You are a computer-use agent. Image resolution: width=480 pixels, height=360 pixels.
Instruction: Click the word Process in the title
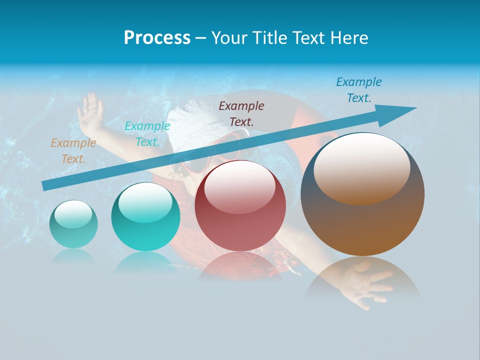pos(157,38)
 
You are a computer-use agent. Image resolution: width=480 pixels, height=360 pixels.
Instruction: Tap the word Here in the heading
pos(349,38)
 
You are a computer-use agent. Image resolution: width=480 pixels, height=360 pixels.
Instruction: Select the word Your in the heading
pos(230,38)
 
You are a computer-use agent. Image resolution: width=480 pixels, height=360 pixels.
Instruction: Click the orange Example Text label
pos(73,151)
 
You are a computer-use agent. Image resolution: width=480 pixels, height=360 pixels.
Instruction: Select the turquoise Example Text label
pos(147,134)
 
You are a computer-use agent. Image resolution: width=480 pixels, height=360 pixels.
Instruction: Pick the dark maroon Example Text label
pos(241,113)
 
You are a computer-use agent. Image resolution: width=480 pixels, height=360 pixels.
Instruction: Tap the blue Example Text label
pos(359,90)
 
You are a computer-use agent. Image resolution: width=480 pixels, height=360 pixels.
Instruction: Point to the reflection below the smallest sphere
pos(73,256)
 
